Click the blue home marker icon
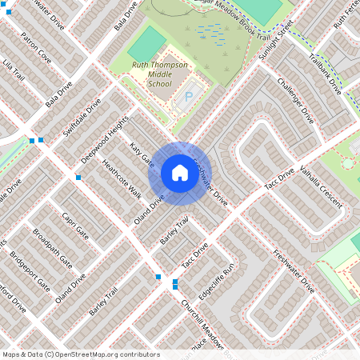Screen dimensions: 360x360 click(x=180, y=173)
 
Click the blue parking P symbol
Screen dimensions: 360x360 click(x=190, y=97)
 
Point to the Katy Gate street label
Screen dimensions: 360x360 click(x=142, y=154)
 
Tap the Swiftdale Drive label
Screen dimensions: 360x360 click(x=82, y=118)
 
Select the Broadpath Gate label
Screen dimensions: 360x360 click(x=53, y=249)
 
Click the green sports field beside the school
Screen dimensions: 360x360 click(x=146, y=44)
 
